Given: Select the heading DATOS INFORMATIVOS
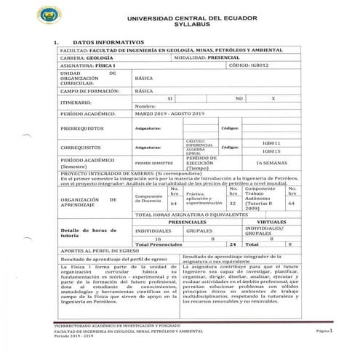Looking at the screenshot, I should click(x=108, y=42).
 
